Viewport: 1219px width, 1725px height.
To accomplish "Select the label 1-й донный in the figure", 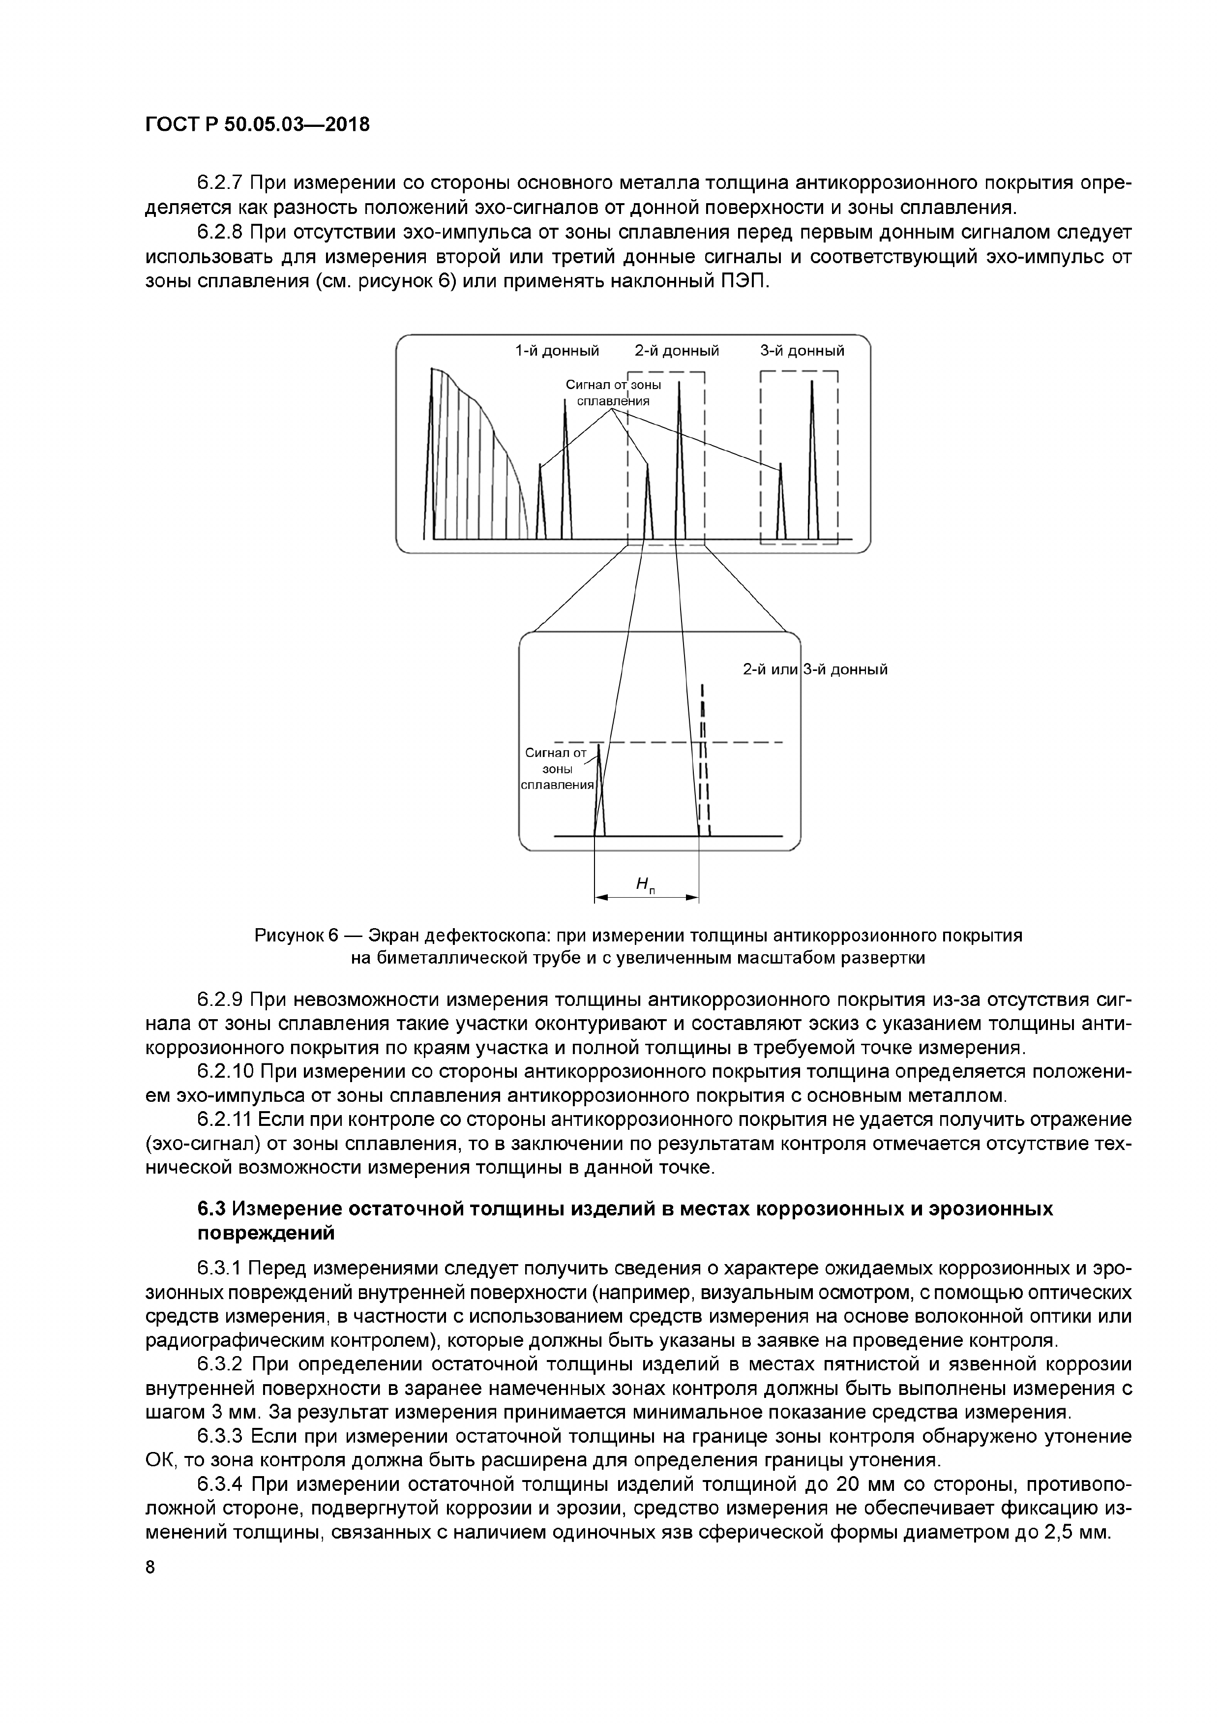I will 557,351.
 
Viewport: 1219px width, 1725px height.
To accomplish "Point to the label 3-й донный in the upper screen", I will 802,351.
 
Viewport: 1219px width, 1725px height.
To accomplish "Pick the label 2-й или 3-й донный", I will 815,668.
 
